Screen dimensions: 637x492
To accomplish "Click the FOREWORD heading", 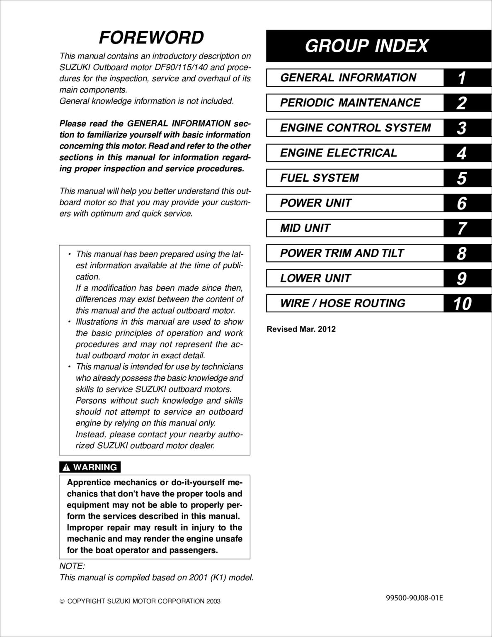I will pyautogui.click(x=151, y=38).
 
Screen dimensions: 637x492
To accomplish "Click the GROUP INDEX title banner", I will pyautogui.click(x=366, y=46).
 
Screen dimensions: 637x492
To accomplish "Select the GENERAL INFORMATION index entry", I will pyautogui.click(x=348, y=78).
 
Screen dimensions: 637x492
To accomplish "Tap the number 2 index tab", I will pyautogui.click(x=461, y=103).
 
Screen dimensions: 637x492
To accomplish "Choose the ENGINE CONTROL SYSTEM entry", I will pyautogui.click(x=355, y=128).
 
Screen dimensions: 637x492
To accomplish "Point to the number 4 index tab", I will pyautogui.click(x=461, y=153).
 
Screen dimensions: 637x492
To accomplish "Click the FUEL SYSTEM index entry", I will pyautogui.click(x=319, y=178).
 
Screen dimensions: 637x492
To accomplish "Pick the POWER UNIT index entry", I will pyautogui.click(x=315, y=203).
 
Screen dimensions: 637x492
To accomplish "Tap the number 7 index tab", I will pyautogui.click(x=461, y=229).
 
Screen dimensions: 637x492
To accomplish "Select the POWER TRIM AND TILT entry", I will pyautogui.click(x=342, y=253).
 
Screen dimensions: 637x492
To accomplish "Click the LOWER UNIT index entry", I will pyautogui.click(x=315, y=278).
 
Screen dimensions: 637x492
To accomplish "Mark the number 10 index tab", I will pyautogui.click(x=462, y=304).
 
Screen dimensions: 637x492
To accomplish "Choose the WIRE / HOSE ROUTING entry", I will pyautogui.click(x=342, y=303).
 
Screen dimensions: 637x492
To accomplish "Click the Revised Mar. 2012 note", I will pyautogui.click(x=301, y=329).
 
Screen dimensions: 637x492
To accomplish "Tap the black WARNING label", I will pyautogui.click(x=90, y=467).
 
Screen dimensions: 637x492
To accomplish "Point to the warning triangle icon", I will pyautogui.click(x=66, y=468).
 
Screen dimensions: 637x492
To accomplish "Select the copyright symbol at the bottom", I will pyautogui.click(x=62, y=601).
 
